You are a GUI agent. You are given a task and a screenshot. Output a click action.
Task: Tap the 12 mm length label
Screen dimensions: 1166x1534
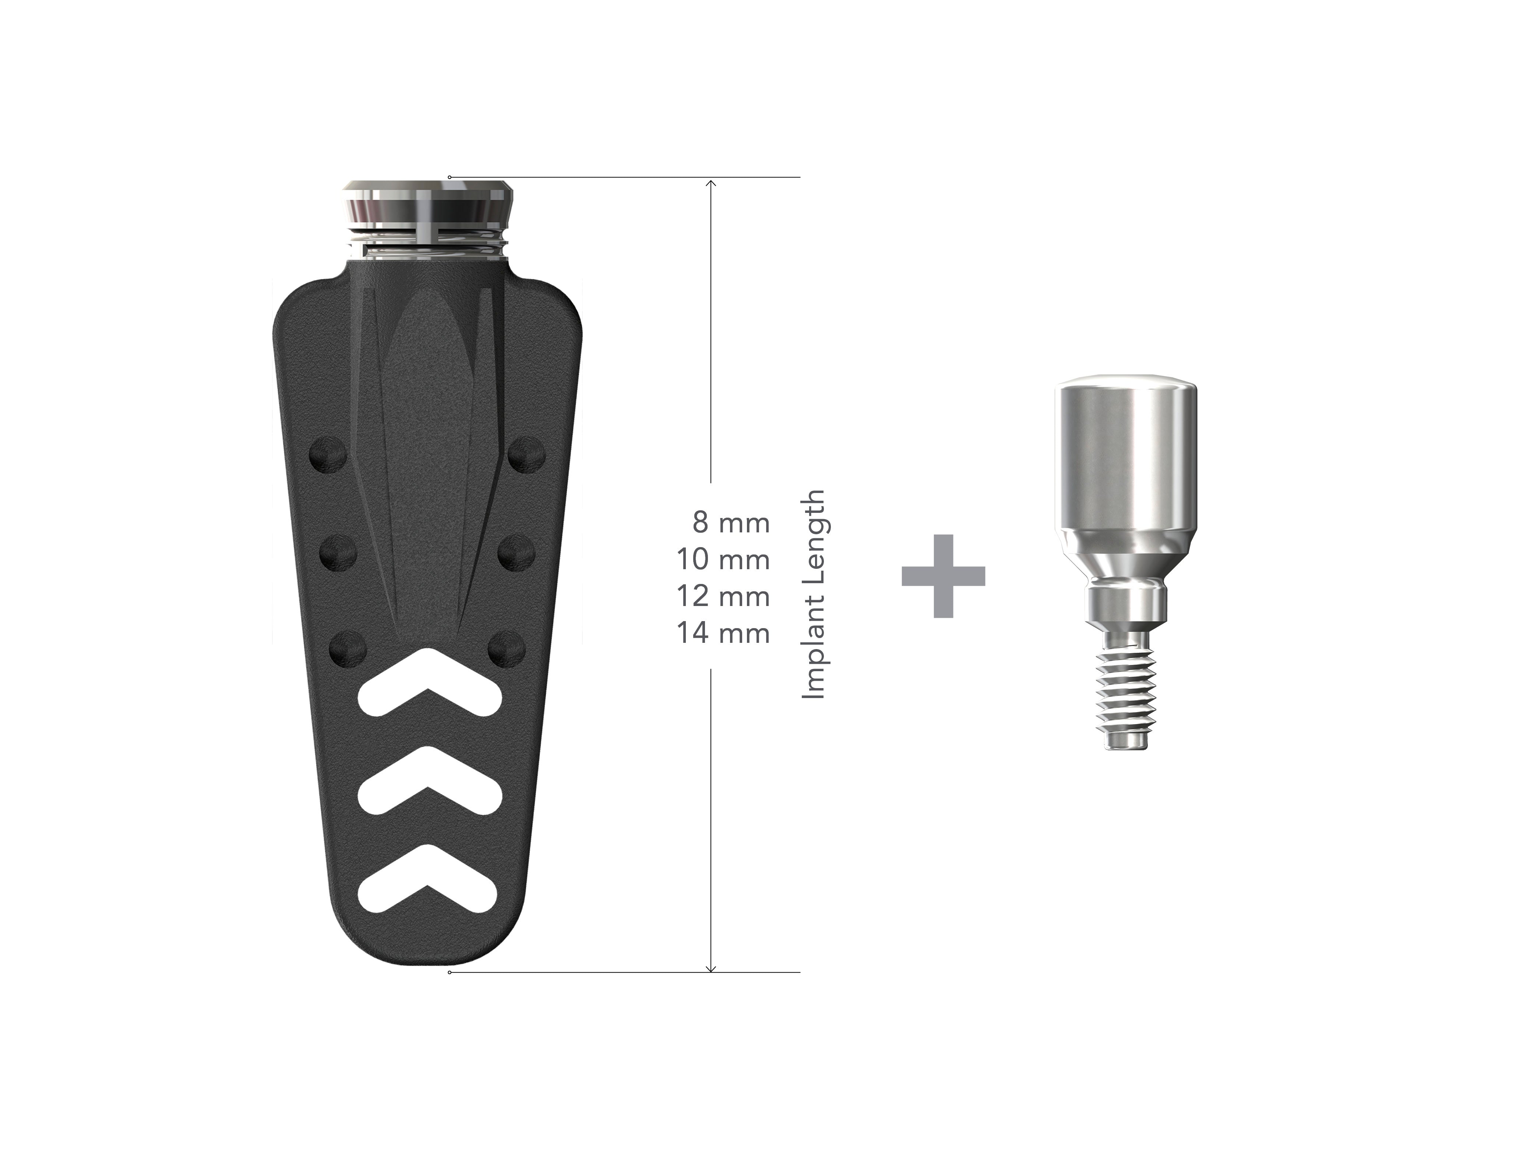[x=723, y=596]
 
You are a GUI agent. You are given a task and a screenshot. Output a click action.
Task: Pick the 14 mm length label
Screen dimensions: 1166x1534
[x=723, y=633]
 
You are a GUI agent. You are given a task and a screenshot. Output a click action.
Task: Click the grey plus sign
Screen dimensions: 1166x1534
[x=943, y=575]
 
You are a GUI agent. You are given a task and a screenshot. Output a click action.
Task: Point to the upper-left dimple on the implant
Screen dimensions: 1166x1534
[x=328, y=455]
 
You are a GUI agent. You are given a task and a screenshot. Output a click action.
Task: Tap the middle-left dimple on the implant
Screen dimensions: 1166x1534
[x=339, y=553]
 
